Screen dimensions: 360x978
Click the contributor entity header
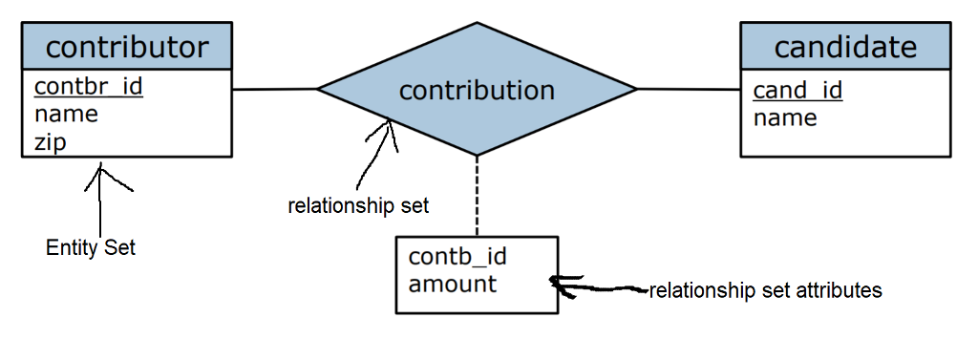point(126,46)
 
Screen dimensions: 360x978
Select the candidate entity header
point(845,46)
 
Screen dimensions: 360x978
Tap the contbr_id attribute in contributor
point(88,87)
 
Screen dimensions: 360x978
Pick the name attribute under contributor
point(66,115)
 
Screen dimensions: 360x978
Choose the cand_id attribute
point(797,91)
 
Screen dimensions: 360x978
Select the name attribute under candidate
point(785,118)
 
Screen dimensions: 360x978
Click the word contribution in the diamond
point(477,91)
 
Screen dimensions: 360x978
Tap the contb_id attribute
point(457,256)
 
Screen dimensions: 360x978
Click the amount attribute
point(452,284)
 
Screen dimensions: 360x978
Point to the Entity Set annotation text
point(91,248)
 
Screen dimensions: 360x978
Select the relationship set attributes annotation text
point(765,289)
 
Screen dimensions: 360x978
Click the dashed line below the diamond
point(478,196)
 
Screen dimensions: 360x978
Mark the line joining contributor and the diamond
point(274,90)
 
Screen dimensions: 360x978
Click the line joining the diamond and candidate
point(689,90)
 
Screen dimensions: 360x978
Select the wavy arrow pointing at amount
point(602,286)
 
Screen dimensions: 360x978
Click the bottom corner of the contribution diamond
point(478,155)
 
